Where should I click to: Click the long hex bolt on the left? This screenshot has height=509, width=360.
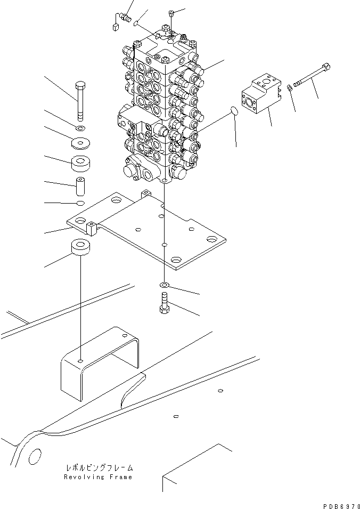click(80, 101)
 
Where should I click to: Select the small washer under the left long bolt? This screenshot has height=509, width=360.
click(80, 128)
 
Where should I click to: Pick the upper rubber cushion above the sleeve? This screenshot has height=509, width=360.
click(80, 163)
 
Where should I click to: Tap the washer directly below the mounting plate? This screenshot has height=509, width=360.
click(165, 286)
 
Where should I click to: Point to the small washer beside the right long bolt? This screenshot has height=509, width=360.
click(289, 88)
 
